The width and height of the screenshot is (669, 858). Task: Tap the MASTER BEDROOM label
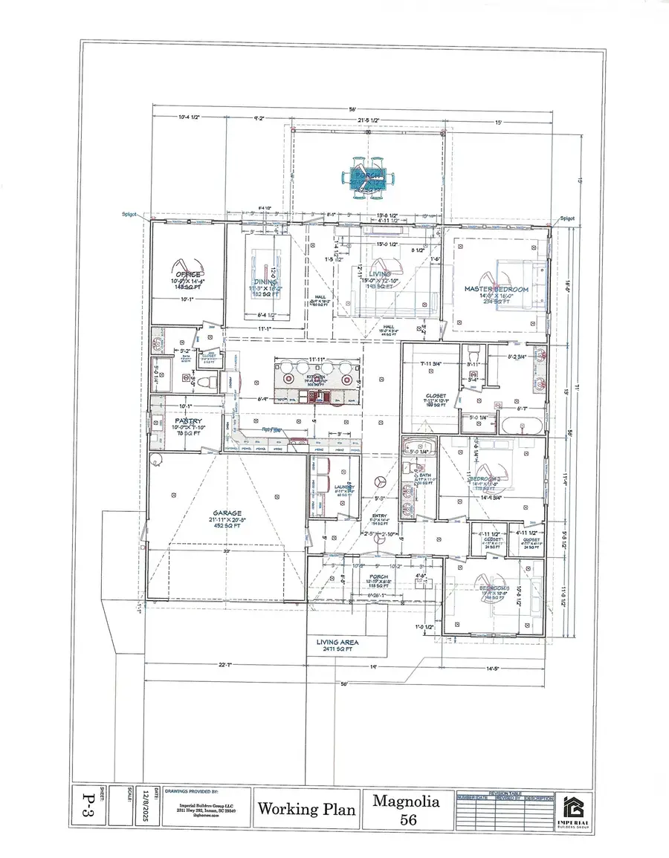496,289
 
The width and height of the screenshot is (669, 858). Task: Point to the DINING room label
265,282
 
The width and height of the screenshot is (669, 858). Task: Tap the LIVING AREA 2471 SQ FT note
337,642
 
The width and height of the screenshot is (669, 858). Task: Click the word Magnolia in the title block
406,801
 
